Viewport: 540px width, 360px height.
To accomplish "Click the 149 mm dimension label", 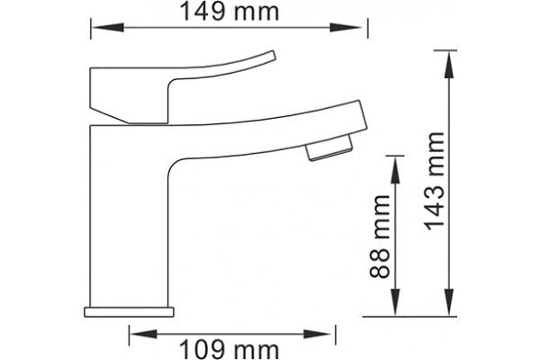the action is [229, 12].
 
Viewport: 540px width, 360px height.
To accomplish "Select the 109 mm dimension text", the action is [229, 350].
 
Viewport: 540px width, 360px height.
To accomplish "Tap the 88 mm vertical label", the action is [380, 237].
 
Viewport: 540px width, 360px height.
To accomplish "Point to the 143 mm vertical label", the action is [434, 181].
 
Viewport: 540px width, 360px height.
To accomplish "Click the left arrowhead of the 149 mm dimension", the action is [107, 28].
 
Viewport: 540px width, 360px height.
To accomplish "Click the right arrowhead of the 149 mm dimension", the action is [346, 28].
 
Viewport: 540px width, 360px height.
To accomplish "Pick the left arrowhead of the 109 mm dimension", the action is [144, 334].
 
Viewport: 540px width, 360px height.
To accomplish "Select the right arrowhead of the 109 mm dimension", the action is [317, 334].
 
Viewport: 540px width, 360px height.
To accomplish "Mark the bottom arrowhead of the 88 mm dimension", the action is [395, 301].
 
